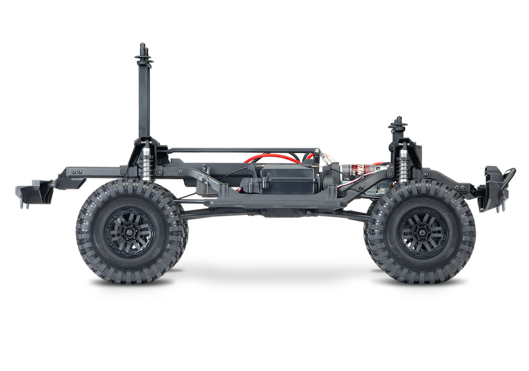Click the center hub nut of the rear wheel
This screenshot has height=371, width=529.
point(130,231)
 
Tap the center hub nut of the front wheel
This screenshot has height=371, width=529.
point(422,231)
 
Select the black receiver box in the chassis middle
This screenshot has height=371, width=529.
point(289,180)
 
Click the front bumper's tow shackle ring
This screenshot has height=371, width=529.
point(509,175)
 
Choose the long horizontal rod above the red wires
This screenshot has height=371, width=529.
point(242,150)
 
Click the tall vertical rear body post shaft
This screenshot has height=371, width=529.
point(144,99)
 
